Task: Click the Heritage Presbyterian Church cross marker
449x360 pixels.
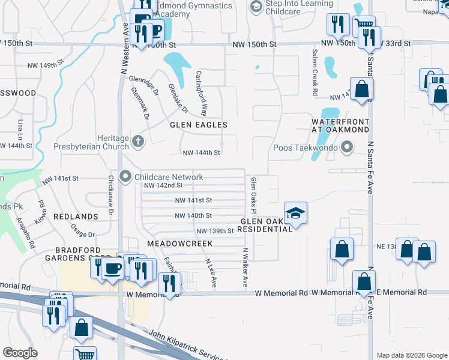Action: click(138, 142)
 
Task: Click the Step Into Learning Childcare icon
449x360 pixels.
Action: click(256, 5)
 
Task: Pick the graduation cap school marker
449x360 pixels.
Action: click(295, 213)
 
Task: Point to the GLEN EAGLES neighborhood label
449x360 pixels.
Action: click(199, 125)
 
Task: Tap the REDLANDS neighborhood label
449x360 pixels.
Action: click(76, 216)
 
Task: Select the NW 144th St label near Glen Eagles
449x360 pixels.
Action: click(201, 153)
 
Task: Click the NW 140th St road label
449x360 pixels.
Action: click(193, 215)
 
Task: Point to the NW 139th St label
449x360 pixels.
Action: click(214, 231)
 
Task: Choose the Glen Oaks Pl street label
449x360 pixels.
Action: click(255, 196)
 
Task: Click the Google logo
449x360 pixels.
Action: click(20, 353)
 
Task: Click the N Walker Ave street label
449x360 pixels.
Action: click(245, 267)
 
